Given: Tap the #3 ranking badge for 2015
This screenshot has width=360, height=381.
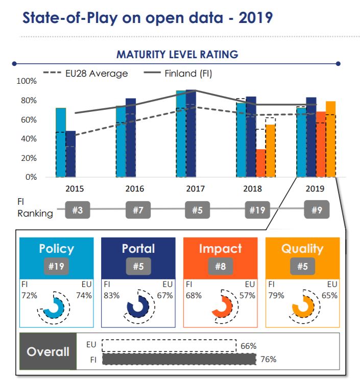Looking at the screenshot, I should click(78, 210).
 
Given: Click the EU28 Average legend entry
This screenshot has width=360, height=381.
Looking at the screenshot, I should click(86, 74).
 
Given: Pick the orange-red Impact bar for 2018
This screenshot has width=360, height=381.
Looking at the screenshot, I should click(260, 163).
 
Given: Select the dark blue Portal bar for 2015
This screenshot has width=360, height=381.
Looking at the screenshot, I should click(70, 154).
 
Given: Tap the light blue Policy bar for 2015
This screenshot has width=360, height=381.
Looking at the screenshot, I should click(61, 142).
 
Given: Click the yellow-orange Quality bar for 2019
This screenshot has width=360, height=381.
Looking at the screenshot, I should click(330, 139).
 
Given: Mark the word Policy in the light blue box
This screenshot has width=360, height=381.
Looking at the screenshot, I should click(57, 249).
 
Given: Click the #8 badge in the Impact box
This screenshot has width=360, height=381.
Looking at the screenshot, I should click(221, 266).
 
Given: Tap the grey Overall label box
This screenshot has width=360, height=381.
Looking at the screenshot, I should click(47, 352).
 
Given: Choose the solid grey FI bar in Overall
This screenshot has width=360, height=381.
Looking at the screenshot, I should click(179, 360).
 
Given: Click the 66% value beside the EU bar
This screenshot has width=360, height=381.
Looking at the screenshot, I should click(248, 346).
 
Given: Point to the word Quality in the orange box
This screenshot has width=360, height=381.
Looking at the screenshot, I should click(302, 249).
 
